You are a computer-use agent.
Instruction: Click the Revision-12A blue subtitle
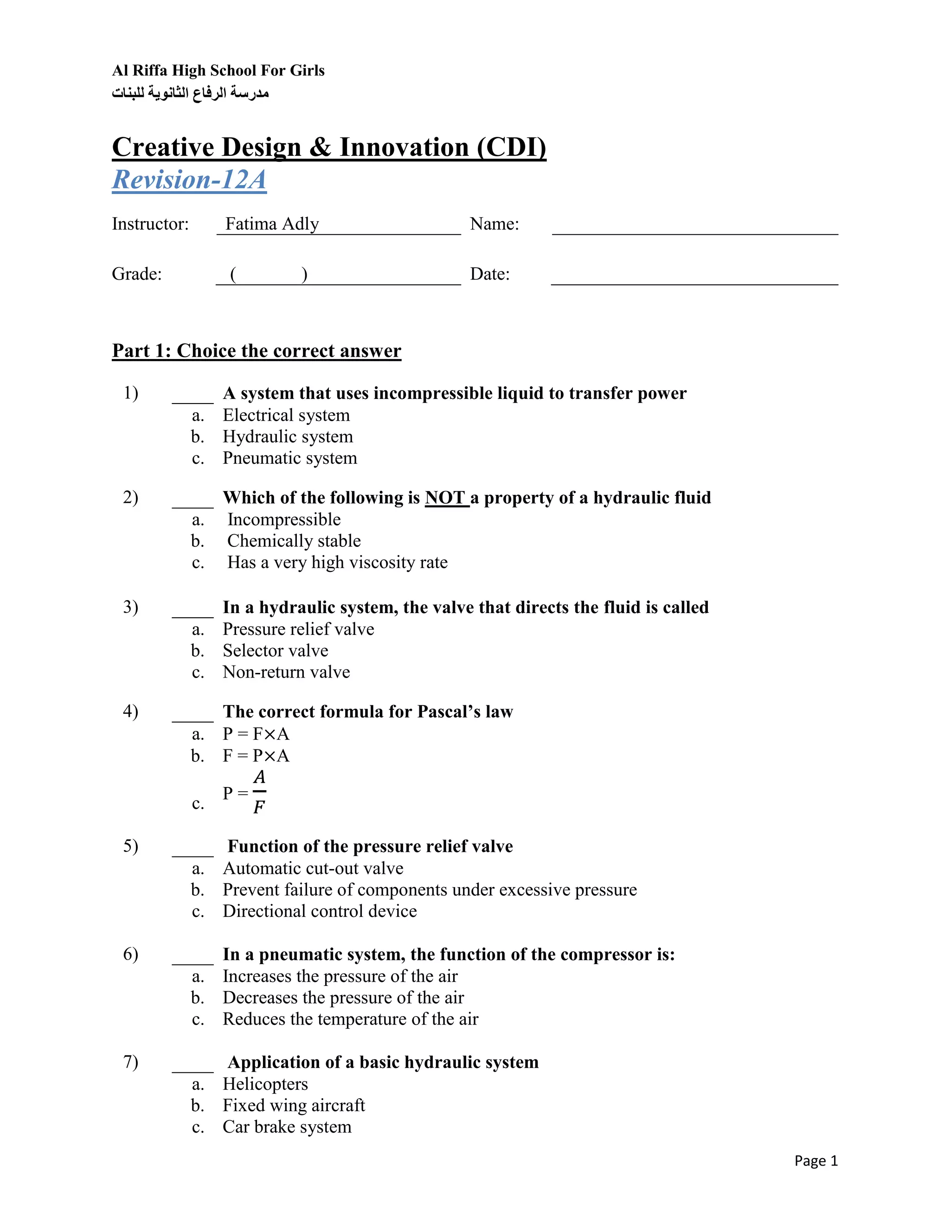tap(189, 180)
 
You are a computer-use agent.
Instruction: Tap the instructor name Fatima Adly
tap(272, 224)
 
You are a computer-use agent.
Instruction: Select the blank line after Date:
tap(694, 279)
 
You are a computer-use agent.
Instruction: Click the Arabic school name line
tap(190, 93)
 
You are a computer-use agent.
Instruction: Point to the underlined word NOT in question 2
tap(445, 498)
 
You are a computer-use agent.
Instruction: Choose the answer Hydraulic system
tap(288, 437)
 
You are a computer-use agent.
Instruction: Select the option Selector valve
tap(275, 651)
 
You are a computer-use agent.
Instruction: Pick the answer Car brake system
tap(287, 1127)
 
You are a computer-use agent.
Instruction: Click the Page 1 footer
tap(815, 1161)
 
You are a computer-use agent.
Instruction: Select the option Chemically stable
tap(294, 541)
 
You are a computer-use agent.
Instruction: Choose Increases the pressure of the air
tap(340, 976)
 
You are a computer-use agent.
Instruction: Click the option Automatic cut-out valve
tap(313, 868)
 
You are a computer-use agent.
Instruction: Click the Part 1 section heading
tap(256, 351)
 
